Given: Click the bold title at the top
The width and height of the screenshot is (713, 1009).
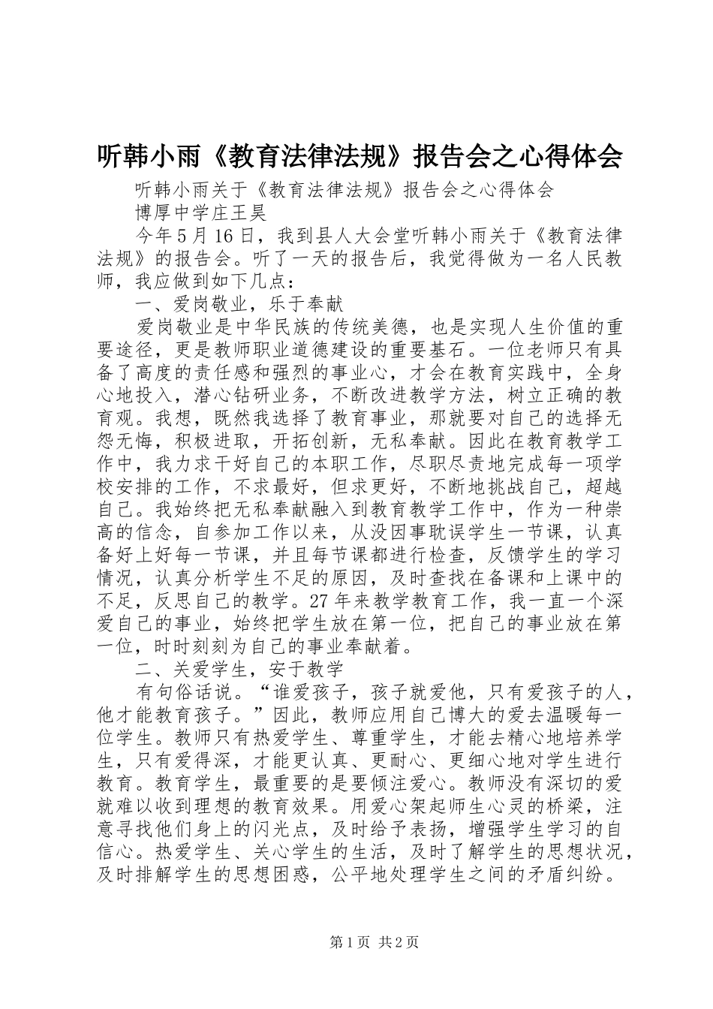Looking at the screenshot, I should click(360, 155).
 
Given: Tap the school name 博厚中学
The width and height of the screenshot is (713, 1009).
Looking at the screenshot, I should click(173, 212).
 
